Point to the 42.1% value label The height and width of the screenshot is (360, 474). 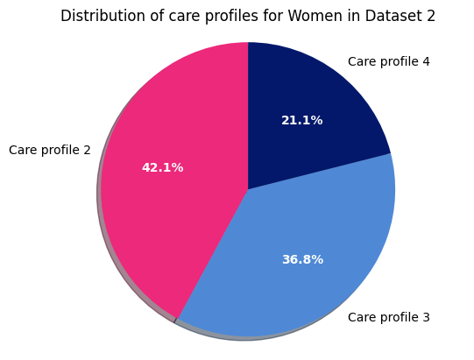pos(162,167)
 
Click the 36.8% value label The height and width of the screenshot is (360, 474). pos(302,259)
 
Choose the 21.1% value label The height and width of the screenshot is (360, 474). pos(301,120)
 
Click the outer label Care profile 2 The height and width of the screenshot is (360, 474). pos(50,150)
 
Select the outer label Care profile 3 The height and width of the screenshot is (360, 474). pos(388,317)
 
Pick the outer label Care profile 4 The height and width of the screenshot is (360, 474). pos(388,61)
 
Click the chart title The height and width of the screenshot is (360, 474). pos(248,16)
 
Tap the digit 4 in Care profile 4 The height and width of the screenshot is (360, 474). pos(426,61)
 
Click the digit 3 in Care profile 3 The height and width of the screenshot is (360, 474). pos(426,317)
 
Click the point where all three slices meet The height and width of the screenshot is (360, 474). pos(248,189)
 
